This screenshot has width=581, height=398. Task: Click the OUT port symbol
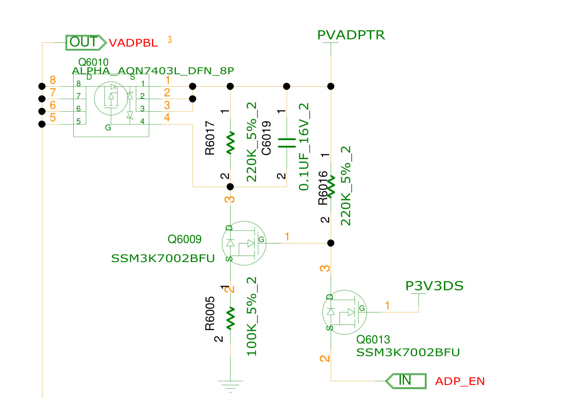coord(86,42)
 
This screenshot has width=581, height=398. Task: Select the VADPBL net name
coord(133,43)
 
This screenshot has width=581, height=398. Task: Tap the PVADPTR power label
coord(351,35)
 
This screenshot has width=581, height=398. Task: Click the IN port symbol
coord(406,381)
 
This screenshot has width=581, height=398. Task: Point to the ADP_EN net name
coord(460,381)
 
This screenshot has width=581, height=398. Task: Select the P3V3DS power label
coord(434,286)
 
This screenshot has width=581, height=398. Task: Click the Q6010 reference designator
coord(93,62)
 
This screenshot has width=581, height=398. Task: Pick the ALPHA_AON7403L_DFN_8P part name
coord(153,71)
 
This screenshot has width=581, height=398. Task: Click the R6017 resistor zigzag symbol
coord(230,143)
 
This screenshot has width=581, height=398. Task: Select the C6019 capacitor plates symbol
coord(287,143)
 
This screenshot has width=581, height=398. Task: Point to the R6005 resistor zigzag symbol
coord(230,318)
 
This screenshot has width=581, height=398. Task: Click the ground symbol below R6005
coord(230,386)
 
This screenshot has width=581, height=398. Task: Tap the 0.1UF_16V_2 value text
coord(304,147)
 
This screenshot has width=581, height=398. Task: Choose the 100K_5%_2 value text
coord(251,316)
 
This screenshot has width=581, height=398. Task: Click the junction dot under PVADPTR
coord(331,86)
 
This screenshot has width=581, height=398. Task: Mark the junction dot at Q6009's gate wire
coord(331,243)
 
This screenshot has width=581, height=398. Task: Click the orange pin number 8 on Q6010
coord(53,80)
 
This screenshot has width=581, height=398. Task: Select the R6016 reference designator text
coord(323,188)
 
